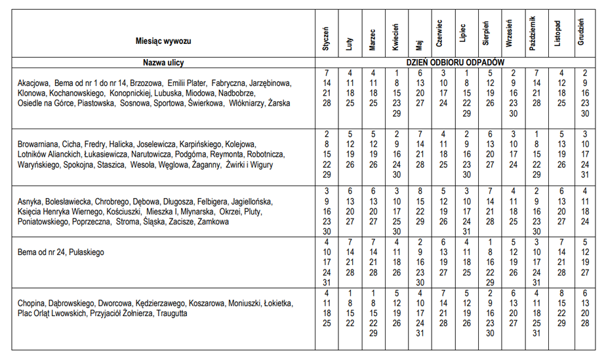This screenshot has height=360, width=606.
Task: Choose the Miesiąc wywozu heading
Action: pos(163,41)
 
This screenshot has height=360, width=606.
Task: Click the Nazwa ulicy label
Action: pos(163,62)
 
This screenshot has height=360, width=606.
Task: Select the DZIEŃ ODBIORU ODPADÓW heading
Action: pos(455,62)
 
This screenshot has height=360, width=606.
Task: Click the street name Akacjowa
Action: pos(34,84)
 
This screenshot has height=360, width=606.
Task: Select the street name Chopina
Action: pos(31,304)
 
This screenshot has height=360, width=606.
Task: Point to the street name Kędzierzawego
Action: pos(161,304)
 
